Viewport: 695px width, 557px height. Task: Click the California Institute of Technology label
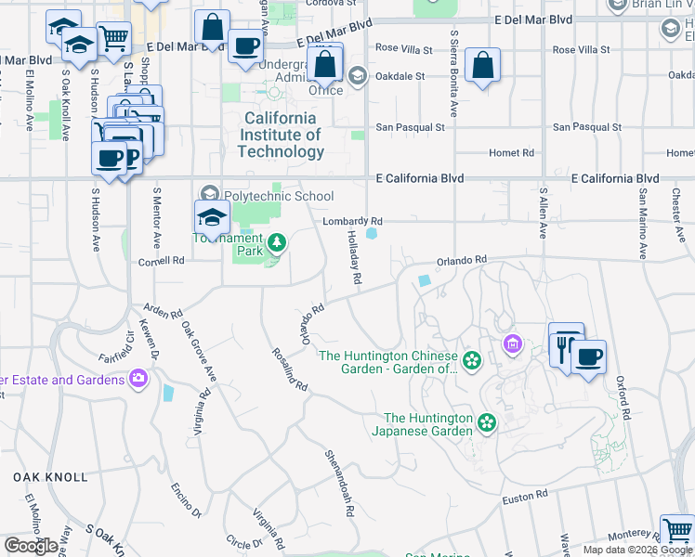(281, 135)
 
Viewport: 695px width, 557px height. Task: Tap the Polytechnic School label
(280, 196)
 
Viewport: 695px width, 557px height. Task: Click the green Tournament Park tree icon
(276, 243)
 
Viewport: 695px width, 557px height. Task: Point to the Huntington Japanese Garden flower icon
(486, 423)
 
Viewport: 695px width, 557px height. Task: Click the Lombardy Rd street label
(352, 221)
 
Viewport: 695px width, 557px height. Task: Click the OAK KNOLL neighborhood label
(50, 477)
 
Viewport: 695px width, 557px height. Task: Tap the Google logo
(32, 546)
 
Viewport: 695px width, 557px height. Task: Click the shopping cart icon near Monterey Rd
(676, 531)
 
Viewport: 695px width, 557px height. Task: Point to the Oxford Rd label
(624, 398)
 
